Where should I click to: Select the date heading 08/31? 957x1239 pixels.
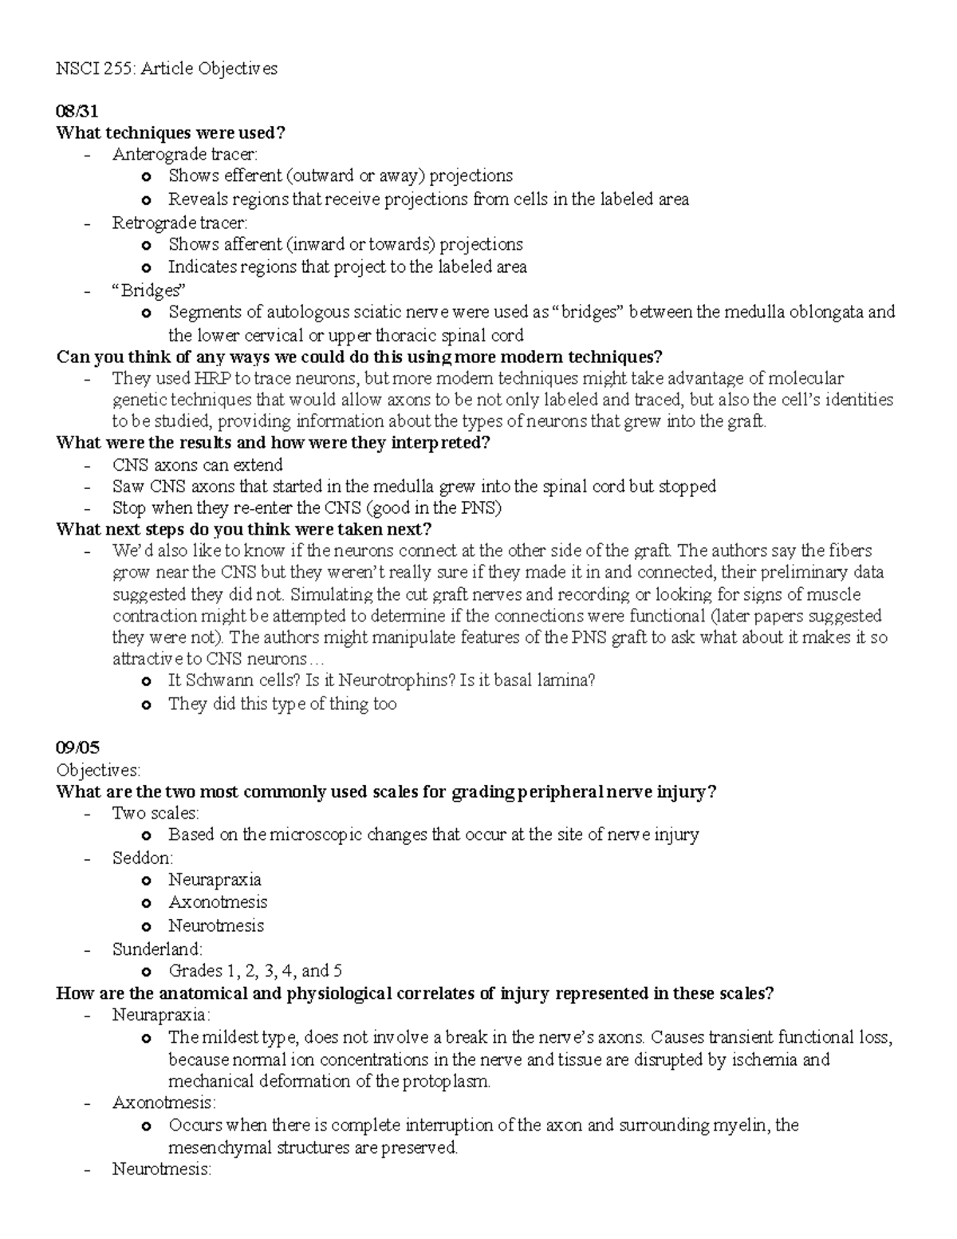pos(77,111)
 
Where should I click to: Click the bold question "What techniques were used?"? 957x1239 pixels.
pos(170,132)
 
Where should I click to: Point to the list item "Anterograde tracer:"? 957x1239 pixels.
pos(185,154)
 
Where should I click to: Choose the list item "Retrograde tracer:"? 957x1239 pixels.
pos(180,223)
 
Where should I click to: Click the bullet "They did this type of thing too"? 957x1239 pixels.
pos(282,704)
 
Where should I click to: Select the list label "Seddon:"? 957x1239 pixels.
pos(143,858)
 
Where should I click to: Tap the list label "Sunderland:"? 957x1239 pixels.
pos(157,949)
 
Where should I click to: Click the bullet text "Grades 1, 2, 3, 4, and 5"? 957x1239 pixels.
pos(255,971)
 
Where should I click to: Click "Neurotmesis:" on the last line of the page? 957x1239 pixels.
pos(162,1170)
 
